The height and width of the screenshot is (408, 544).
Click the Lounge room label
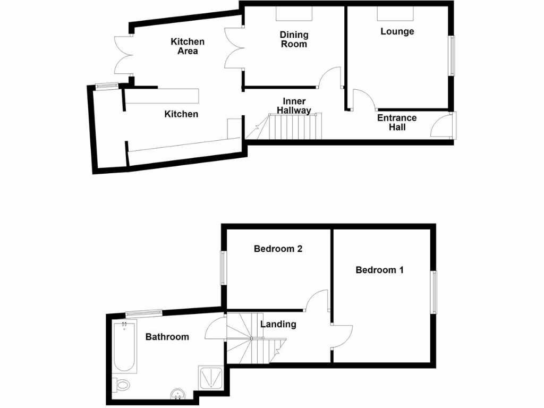coord(397,31)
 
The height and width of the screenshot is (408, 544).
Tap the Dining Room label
coord(294,39)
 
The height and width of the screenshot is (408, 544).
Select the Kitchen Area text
coord(188,46)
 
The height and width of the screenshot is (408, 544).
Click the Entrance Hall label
coord(397,122)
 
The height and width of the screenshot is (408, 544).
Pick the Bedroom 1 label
coord(379,270)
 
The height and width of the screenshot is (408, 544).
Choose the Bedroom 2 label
coord(278,249)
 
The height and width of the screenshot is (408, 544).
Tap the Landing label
coord(278,324)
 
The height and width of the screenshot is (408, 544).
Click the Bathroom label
coord(167,337)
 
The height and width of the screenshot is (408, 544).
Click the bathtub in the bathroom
coord(125,346)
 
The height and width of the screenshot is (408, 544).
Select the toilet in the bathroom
coord(122,384)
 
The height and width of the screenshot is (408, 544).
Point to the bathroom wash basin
coord(177,394)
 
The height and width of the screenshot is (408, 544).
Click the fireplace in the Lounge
coord(395,13)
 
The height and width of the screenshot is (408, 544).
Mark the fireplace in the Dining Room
coord(294,13)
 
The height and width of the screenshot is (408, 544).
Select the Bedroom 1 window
coord(434,292)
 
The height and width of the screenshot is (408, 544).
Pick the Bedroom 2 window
coord(224,268)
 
